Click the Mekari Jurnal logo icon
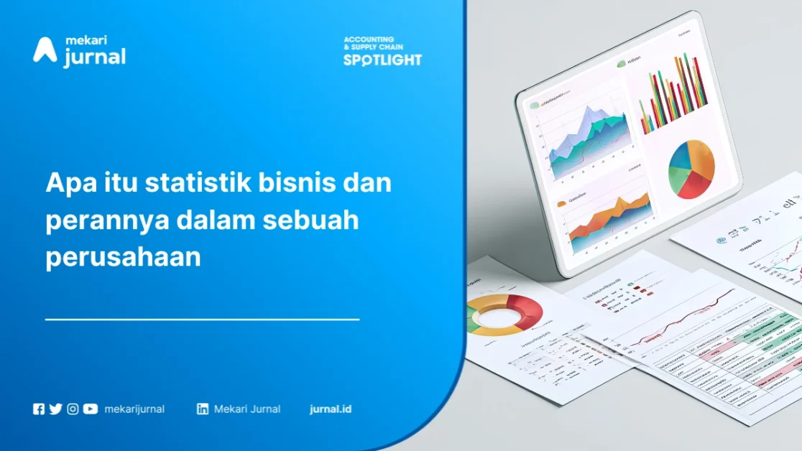45,50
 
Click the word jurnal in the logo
95,57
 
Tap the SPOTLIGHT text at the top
382,60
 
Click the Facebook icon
39,409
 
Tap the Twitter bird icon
55,409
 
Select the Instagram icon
73,409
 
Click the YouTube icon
90,409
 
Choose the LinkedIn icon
203,409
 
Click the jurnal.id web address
331,409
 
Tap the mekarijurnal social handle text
134,409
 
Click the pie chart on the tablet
691,169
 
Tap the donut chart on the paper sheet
504,315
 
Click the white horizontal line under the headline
202,318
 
